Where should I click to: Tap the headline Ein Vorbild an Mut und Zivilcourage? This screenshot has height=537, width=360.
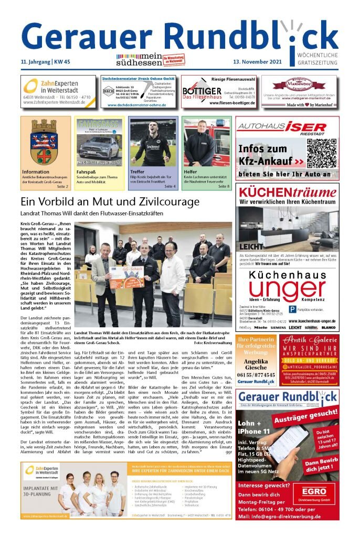(x=110, y=201)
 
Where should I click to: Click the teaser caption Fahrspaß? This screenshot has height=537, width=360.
(x=86, y=172)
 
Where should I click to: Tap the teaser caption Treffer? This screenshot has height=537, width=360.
(x=138, y=172)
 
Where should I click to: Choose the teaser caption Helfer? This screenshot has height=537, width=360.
(x=190, y=172)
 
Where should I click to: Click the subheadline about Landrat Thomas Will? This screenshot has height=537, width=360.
(x=92, y=214)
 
